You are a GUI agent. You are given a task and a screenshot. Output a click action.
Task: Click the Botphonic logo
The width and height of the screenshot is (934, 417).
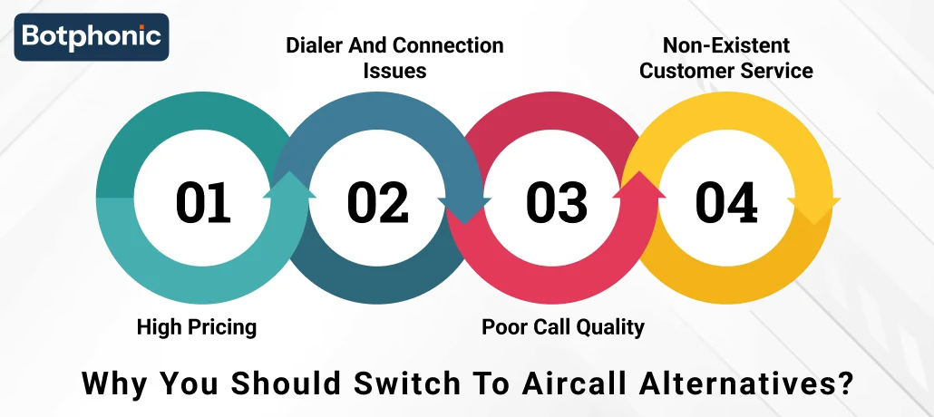(91, 36)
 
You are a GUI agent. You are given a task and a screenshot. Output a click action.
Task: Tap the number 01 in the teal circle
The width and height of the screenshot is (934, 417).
(203, 202)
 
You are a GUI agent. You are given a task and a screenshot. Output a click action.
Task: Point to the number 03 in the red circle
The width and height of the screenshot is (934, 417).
(557, 202)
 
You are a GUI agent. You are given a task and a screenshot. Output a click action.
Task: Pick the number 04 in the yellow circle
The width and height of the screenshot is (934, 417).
(726, 202)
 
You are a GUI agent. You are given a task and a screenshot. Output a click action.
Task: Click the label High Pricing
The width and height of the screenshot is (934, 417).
(197, 326)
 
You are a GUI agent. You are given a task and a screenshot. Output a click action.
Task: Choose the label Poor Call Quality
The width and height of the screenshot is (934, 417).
(562, 326)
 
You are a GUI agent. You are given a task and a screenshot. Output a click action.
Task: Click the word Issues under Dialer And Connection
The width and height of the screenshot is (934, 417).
(394, 70)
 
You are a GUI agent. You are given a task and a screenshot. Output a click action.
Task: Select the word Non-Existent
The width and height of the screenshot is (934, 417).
(726, 44)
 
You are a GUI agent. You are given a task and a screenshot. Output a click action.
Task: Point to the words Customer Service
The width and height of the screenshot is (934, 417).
(726, 70)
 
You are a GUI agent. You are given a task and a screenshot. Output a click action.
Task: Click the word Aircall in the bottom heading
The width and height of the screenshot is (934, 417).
(569, 382)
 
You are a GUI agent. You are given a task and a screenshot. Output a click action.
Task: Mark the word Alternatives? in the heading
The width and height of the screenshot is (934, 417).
(746, 382)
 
